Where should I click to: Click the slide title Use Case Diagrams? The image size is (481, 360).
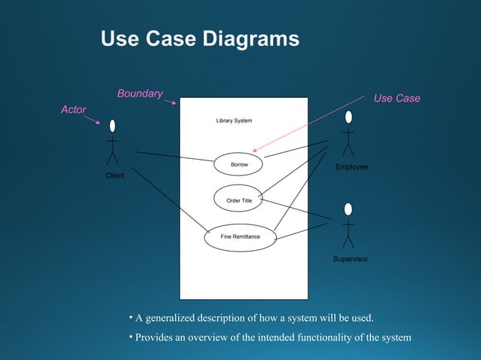point(200,39)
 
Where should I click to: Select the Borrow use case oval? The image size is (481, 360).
point(238,164)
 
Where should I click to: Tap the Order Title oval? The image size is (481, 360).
point(238,200)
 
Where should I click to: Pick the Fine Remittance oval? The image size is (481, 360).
point(240,236)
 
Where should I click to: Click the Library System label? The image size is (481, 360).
point(234,121)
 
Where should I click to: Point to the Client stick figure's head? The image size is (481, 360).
point(112,125)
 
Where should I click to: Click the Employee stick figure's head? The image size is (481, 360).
point(348,117)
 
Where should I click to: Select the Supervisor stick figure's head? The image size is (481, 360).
point(348,209)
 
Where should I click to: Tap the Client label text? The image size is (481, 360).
point(115,175)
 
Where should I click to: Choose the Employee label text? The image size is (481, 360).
point(351,166)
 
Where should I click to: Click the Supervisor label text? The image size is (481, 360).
point(351,258)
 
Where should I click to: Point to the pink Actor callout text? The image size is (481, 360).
point(73,110)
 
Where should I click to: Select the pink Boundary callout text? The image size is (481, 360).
point(139,93)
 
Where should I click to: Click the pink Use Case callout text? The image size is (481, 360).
point(397,99)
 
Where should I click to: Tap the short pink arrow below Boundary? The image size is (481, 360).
point(170,100)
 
